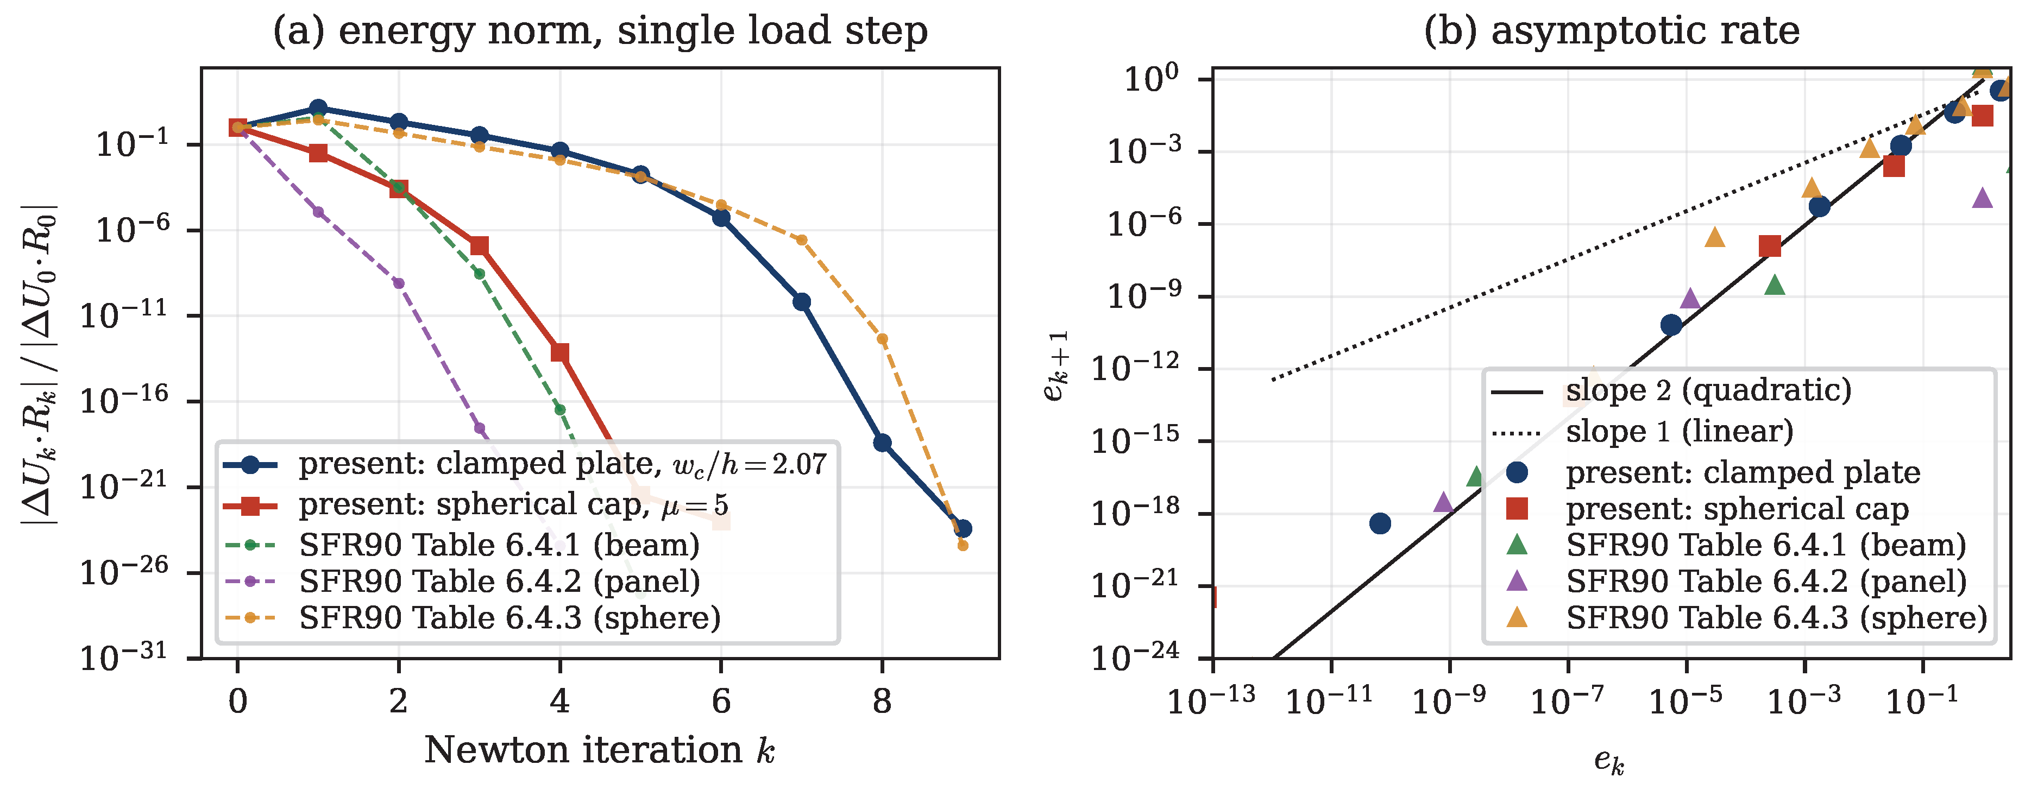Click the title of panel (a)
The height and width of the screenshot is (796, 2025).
point(600,31)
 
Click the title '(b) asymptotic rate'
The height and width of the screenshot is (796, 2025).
point(1612,31)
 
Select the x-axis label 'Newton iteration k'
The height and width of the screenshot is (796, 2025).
point(600,750)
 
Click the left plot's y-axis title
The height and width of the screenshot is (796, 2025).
point(39,364)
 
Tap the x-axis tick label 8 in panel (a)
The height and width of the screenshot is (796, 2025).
point(882,701)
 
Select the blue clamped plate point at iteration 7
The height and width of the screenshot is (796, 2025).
point(801,302)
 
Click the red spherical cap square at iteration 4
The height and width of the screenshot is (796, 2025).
point(559,352)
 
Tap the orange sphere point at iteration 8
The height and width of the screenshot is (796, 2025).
point(882,339)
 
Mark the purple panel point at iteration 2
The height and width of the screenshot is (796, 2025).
point(399,283)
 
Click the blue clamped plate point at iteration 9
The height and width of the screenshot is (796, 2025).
point(962,529)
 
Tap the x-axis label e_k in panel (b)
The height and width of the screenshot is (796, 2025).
point(1609,761)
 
